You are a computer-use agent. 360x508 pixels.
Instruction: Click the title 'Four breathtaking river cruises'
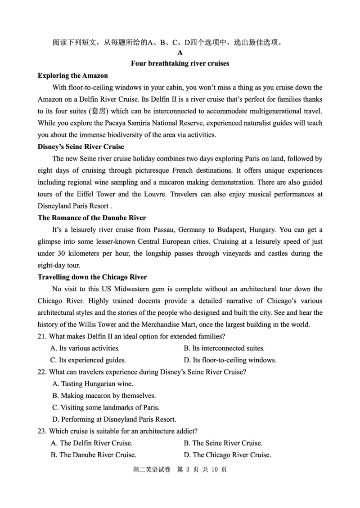(180, 63)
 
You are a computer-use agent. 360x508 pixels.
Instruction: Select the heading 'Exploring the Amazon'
(73, 76)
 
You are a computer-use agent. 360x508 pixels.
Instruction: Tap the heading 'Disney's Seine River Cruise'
(81, 147)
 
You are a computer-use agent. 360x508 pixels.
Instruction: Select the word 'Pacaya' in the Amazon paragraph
(120, 123)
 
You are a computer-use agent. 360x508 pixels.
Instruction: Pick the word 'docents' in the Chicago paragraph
(147, 301)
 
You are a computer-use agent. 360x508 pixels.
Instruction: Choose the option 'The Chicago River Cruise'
(232, 455)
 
